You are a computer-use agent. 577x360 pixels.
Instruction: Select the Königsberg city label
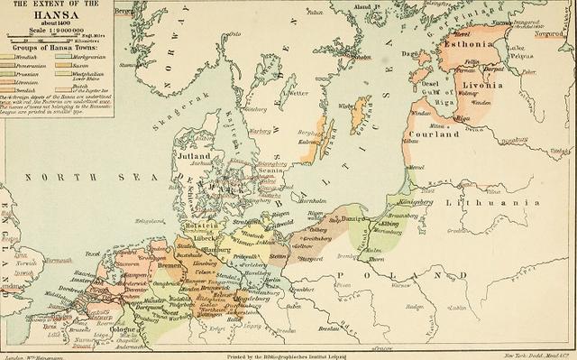click(x=417, y=202)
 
